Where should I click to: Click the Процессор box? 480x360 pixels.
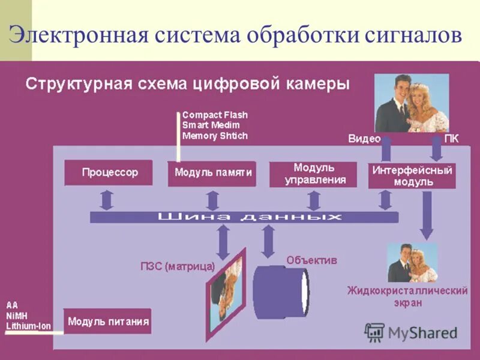[110, 173]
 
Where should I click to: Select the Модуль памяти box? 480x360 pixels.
[213, 173]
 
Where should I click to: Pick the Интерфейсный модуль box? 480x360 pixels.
[412, 175]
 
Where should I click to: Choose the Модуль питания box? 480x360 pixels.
[108, 322]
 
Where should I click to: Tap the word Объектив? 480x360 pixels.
[311, 260]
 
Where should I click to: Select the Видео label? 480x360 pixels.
[364, 139]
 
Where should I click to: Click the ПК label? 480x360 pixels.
[452, 139]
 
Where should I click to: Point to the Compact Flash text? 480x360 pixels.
[215, 115]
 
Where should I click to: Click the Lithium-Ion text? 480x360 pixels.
[28, 326]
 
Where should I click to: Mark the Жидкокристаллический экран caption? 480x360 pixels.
[407, 296]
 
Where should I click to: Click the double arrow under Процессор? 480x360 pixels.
[106, 199]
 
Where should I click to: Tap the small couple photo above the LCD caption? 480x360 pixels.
[412, 262]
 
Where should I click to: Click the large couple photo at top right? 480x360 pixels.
[412, 103]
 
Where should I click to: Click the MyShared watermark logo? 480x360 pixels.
[411, 332]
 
